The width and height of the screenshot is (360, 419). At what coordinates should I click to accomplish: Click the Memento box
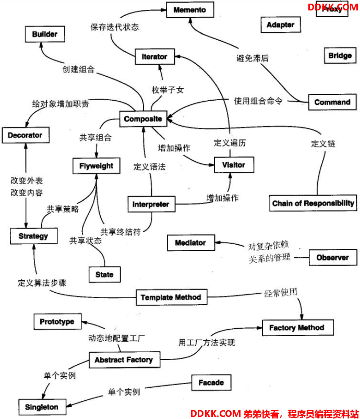[x=189, y=10]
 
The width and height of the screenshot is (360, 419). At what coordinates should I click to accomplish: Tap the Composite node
[x=143, y=119]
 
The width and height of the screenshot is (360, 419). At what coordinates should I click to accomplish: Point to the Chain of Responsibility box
[x=314, y=203]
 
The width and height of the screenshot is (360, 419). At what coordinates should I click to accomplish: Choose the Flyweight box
[x=97, y=166]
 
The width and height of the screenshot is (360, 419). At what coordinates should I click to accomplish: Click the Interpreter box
[x=151, y=204]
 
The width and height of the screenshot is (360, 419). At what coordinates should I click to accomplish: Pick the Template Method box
[x=171, y=297]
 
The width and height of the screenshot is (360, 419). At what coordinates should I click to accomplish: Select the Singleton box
[x=42, y=406]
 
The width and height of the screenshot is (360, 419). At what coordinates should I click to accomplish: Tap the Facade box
[x=211, y=383]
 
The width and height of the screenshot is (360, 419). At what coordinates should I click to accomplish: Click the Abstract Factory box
[x=124, y=360]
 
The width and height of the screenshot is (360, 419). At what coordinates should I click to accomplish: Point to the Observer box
[x=333, y=258]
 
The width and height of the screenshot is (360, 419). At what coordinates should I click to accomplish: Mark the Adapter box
[x=281, y=25]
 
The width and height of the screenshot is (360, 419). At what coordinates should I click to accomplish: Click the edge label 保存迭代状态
[x=114, y=27]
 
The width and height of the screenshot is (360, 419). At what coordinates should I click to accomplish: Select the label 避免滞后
[x=253, y=58]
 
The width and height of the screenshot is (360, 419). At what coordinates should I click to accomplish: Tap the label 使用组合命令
[x=258, y=101]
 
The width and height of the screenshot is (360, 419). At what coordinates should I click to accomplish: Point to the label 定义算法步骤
[x=42, y=283]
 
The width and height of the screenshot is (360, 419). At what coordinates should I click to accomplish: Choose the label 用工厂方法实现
[x=207, y=342]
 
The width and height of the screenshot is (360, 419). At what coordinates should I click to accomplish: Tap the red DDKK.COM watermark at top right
[x=332, y=7]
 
